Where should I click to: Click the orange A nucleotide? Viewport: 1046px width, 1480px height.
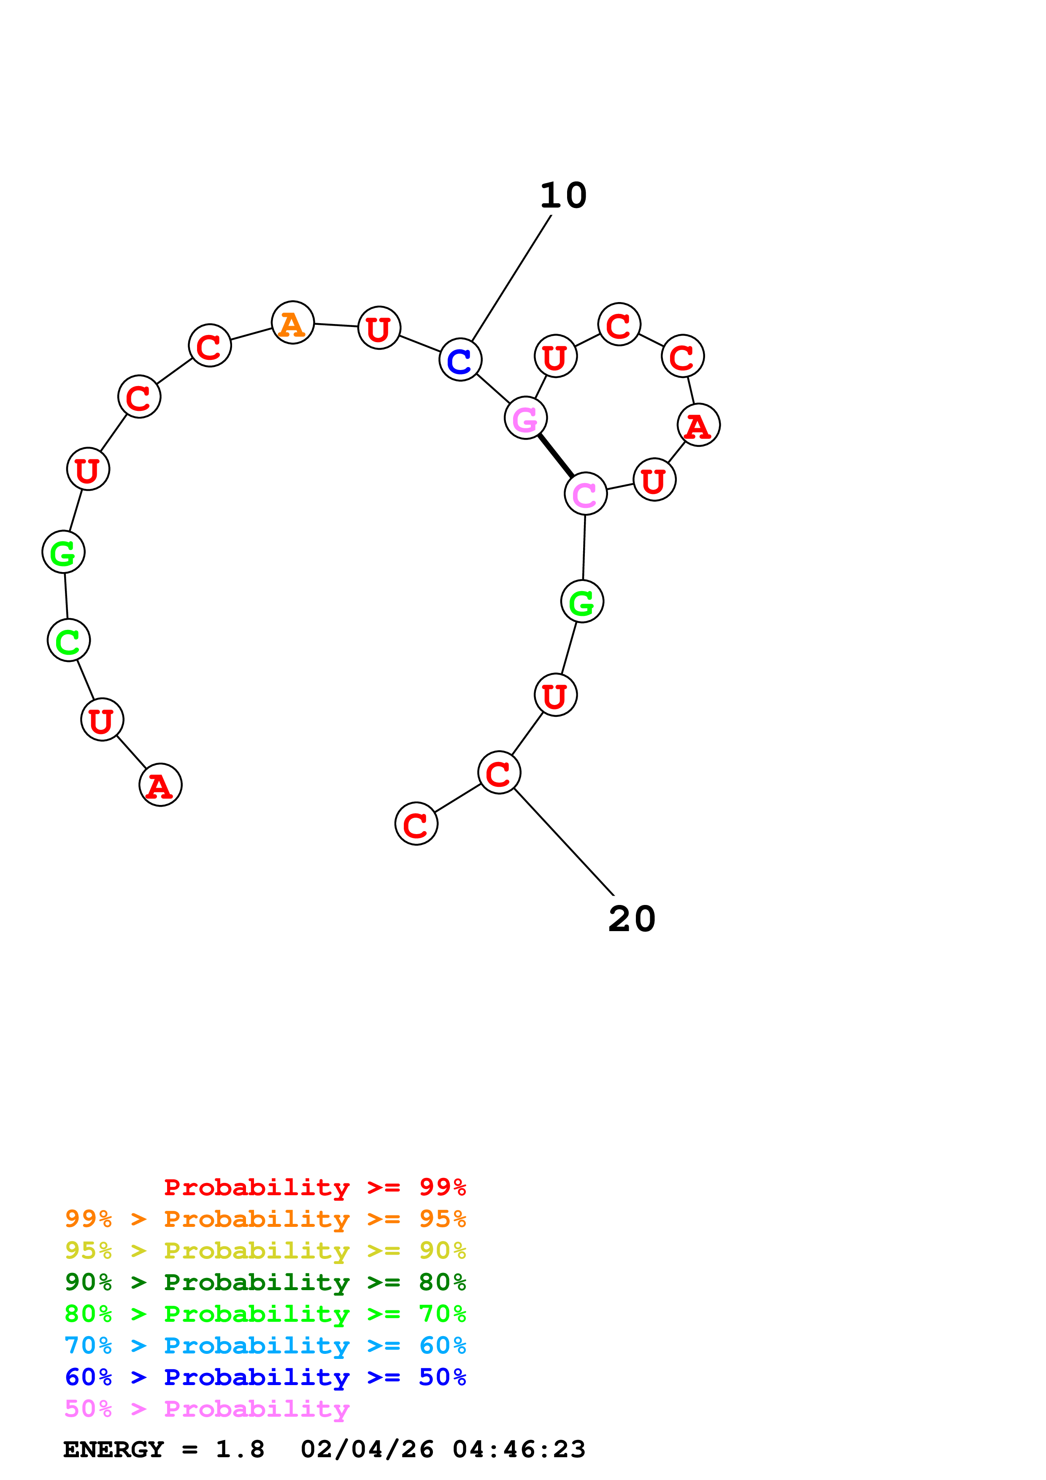[x=292, y=322]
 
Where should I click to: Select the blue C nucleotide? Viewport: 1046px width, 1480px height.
[x=460, y=360]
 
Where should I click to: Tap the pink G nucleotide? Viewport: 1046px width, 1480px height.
[x=526, y=419]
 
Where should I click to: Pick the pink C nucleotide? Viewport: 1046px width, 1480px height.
[x=585, y=494]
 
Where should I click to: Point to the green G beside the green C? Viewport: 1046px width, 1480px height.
[x=63, y=552]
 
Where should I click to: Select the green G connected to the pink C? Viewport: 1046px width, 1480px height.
[x=582, y=602]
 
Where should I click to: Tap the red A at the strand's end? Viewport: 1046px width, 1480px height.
[x=160, y=785]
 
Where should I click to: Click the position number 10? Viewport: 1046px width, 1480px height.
[x=563, y=195]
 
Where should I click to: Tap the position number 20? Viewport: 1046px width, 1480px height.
[x=632, y=918]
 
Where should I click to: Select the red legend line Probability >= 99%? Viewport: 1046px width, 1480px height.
[x=314, y=1187]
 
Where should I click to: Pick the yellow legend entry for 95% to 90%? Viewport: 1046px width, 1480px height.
[x=265, y=1250]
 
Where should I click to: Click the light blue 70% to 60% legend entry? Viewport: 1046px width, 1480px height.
[x=265, y=1345]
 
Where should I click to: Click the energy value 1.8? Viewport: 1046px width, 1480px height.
[x=240, y=1450]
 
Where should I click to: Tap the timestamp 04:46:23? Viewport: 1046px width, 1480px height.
[x=519, y=1450]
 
